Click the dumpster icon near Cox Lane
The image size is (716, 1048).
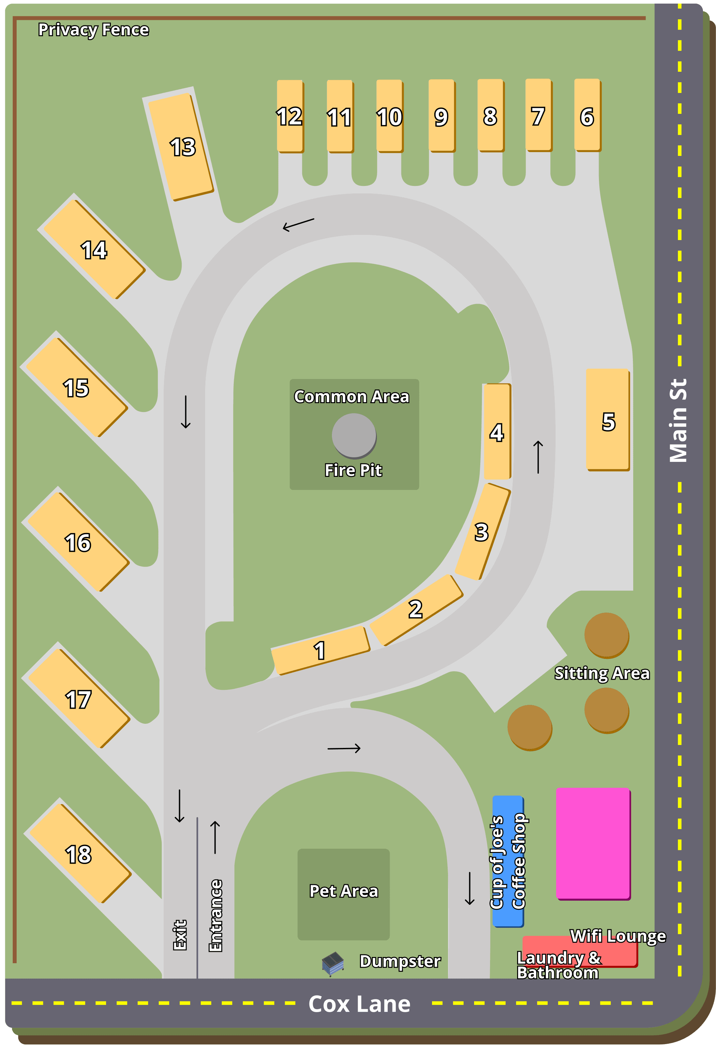pos(333,963)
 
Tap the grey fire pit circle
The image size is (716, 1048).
pos(354,435)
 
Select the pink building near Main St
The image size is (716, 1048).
pos(592,843)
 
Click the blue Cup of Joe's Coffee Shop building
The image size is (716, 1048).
pos(508,861)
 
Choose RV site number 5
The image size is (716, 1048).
pos(607,420)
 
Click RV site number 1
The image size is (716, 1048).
pos(320,650)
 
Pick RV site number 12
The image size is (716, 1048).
pos(290,116)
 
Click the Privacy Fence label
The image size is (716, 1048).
pos(93,30)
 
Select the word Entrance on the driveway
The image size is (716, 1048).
pos(216,916)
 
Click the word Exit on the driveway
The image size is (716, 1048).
pos(180,934)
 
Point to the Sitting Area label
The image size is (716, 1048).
pos(602,673)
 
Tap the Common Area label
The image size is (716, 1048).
pos(352,396)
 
